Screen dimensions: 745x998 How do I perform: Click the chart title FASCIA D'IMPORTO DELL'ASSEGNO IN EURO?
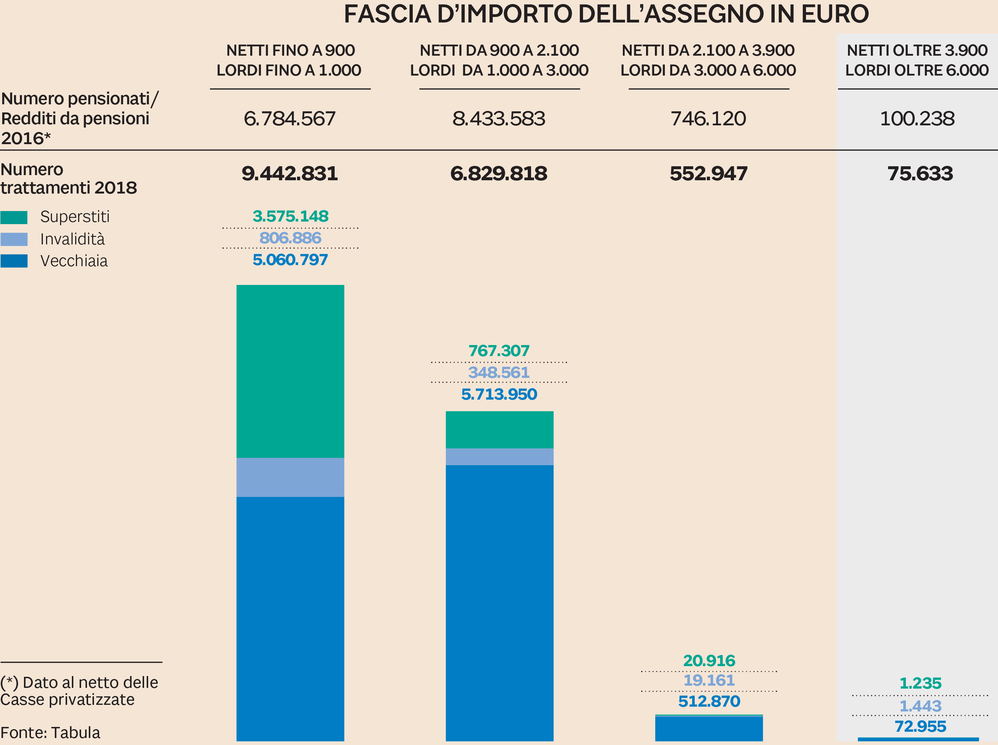(x=606, y=14)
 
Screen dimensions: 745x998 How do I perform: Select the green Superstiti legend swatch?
(x=14, y=217)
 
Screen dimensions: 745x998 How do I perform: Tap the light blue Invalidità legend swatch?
(x=14, y=239)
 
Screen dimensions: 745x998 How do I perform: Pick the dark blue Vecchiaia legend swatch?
(x=14, y=261)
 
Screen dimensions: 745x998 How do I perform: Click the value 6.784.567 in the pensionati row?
(x=289, y=119)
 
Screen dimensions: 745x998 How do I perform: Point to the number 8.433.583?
(x=499, y=119)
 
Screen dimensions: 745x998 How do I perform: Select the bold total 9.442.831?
(x=289, y=174)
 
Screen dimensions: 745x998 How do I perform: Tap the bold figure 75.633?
(x=920, y=174)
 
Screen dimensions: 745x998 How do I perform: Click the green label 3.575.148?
(x=290, y=216)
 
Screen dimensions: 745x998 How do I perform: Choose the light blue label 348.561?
(x=499, y=372)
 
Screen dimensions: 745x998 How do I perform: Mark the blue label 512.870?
(x=709, y=701)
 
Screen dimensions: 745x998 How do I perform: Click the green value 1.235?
(x=920, y=683)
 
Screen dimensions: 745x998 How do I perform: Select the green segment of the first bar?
(x=290, y=371)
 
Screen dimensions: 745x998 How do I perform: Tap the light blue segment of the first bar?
(x=290, y=477)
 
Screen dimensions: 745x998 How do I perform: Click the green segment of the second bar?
(x=499, y=429)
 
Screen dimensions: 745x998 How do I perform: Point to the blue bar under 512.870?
(x=709, y=729)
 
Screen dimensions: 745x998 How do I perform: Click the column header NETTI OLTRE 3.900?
(x=917, y=51)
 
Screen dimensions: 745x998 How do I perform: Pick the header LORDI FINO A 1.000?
(x=289, y=70)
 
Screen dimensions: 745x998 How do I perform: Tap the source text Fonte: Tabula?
(x=50, y=733)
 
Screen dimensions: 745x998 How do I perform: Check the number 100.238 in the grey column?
(x=917, y=119)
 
